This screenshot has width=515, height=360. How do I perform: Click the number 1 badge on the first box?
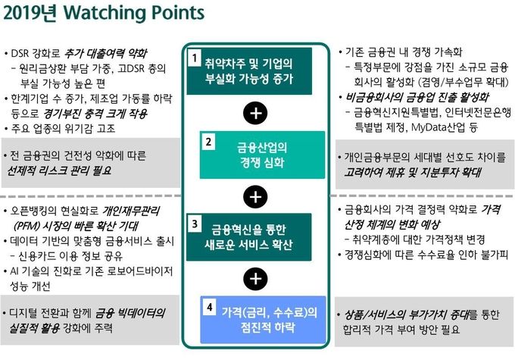(x=195, y=58)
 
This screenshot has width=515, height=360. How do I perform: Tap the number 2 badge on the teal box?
(x=208, y=142)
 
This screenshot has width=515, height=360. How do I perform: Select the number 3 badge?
(x=195, y=224)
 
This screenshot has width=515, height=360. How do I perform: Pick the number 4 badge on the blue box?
(x=209, y=308)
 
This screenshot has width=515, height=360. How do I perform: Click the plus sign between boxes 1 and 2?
(x=256, y=113)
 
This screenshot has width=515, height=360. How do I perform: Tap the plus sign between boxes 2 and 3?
(x=256, y=197)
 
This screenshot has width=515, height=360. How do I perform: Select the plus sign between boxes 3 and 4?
(x=256, y=279)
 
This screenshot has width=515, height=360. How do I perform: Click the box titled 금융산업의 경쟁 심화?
(x=262, y=155)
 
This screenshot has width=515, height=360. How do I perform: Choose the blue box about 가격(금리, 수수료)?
(x=263, y=320)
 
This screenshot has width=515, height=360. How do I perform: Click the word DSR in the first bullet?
(x=20, y=54)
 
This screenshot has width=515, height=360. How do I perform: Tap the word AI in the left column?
(x=14, y=271)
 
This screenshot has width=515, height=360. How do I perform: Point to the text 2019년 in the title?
(x=30, y=13)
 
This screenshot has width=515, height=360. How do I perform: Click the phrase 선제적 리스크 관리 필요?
(x=59, y=171)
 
